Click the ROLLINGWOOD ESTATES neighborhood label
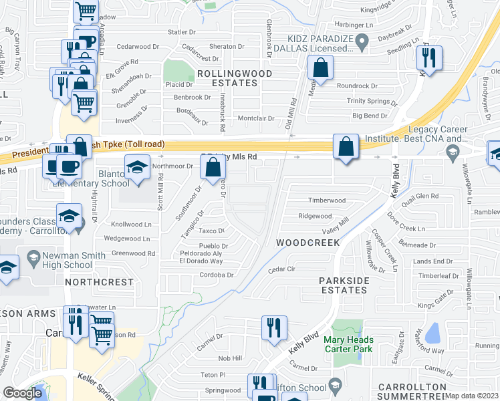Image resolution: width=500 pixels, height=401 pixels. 225,78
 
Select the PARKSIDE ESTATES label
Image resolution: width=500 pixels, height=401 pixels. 334,285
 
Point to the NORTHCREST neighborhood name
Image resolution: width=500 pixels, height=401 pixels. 99,283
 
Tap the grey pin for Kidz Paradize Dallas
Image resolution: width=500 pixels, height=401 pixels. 362,43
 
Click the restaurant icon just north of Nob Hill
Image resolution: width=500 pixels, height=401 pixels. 274,327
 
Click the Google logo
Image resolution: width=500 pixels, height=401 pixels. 22,393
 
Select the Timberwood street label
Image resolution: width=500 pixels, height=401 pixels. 326,200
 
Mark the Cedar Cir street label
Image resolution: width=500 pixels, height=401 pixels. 281,269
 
